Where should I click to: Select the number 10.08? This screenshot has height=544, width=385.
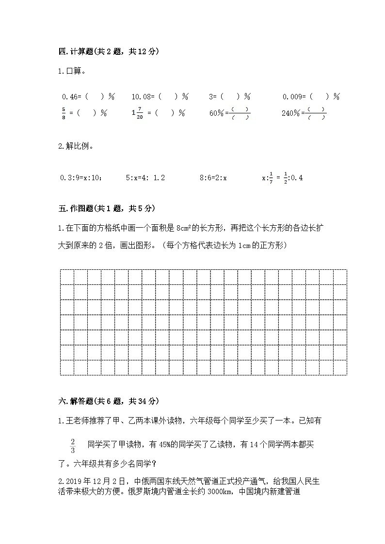click(x=142, y=97)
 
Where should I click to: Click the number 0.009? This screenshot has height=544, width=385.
click(x=293, y=97)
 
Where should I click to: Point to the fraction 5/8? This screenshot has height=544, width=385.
click(x=64, y=113)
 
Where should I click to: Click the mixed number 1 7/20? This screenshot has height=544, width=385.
click(x=137, y=113)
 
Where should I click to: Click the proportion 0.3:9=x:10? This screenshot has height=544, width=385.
click(x=81, y=178)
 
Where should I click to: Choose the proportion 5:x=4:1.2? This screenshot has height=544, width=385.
click(x=145, y=178)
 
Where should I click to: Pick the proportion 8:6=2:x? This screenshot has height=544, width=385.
click(x=213, y=178)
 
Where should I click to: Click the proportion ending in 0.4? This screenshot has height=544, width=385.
click(x=282, y=178)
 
